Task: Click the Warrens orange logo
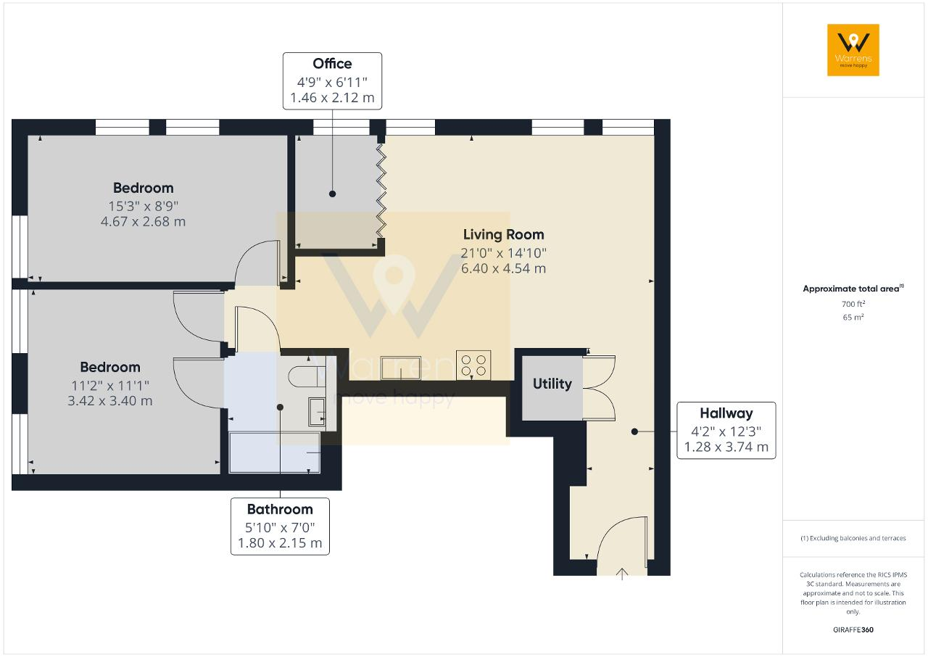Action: pyautogui.click(x=853, y=50)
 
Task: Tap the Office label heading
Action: pyautogui.click(x=332, y=64)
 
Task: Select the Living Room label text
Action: pyautogui.click(x=503, y=234)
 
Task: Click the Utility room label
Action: pyautogui.click(x=552, y=384)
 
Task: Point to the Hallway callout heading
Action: pyautogui.click(x=726, y=413)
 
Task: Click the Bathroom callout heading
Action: pyautogui.click(x=280, y=509)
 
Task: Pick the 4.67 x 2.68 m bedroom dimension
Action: pyautogui.click(x=143, y=222)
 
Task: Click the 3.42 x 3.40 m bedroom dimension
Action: pyautogui.click(x=109, y=401)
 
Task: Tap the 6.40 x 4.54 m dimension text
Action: pyautogui.click(x=503, y=268)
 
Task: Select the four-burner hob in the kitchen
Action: pyautogui.click(x=473, y=365)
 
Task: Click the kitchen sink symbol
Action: pyautogui.click(x=401, y=368)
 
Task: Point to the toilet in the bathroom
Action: pyautogui.click(x=307, y=376)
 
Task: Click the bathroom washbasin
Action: pyautogui.click(x=317, y=412)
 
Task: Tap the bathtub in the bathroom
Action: pyautogui.click(x=275, y=453)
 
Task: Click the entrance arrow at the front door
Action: pyautogui.click(x=622, y=574)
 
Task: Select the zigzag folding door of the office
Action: pyautogui.click(x=381, y=191)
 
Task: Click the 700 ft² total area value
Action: pyautogui.click(x=853, y=304)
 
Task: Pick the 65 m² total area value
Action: pyautogui.click(x=853, y=317)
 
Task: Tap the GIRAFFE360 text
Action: pyautogui.click(x=853, y=629)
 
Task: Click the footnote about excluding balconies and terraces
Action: pyautogui.click(x=853, y=538)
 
